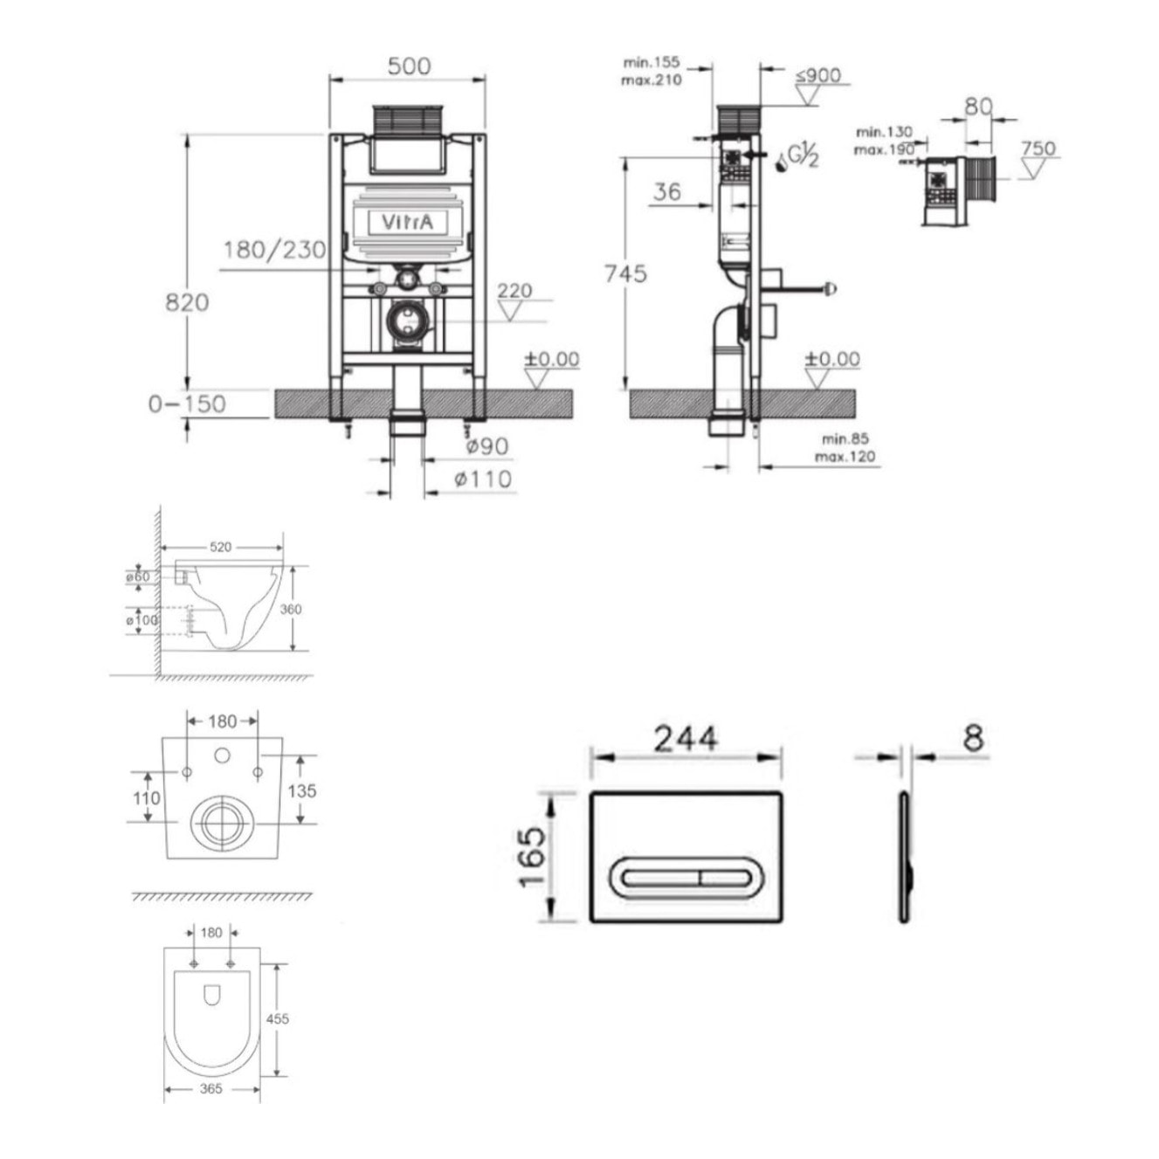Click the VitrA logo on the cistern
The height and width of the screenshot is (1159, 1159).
click(406, 223)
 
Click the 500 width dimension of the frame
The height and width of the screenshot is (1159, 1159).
click(409, 66)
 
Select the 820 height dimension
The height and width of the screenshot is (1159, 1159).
click(187, 302)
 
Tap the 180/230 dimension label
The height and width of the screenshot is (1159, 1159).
click(273, 251)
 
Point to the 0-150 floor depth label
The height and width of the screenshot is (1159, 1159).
click(186, 404)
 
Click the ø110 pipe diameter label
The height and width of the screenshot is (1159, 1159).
click(482, 479)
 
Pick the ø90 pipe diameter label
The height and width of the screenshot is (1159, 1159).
click(486, 446)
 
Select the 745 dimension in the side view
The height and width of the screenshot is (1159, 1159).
click(625, 274)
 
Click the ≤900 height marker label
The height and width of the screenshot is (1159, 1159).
click(818, 76)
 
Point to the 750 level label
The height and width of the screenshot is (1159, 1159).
click(1038, 148)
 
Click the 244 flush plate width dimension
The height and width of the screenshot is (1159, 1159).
click(686, 739)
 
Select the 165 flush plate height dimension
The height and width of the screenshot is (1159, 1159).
click(532, 856)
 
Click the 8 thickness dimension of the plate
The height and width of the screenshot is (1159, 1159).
click(973, 739)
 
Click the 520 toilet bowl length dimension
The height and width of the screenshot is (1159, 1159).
click(221, 547)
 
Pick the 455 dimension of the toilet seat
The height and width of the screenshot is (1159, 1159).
click(277, 1018)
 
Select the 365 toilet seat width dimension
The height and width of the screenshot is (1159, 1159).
click(211, 1088)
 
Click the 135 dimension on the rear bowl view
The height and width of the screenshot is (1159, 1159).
click(301, 791)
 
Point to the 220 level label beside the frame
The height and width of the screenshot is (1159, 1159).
click(514, 291)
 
